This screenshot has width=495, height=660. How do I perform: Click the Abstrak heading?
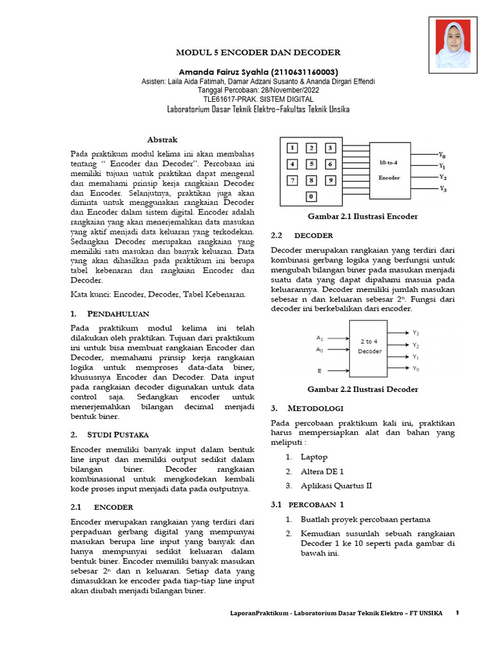162,139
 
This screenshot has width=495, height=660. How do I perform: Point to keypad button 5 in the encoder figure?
311,164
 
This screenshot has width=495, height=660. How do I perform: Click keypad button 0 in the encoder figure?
311,196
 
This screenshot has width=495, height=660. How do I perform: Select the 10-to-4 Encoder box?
389,170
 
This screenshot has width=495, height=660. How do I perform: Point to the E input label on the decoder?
319,371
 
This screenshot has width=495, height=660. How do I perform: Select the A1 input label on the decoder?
320,338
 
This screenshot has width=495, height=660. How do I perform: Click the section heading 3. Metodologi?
307,409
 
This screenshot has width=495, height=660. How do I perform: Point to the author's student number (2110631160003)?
300,72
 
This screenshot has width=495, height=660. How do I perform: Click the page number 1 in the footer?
457,612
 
